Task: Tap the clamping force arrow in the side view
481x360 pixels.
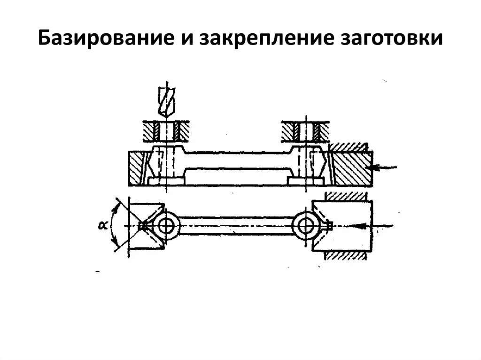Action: tap(384, 167)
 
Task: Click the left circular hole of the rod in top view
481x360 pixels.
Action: tap(166, 226)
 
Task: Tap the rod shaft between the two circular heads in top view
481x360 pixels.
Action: tap(235, 226)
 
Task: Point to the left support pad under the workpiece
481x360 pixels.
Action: tap(165, 180)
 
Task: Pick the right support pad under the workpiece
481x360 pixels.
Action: tap(305, 180)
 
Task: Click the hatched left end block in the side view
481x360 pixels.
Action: tap(136, 168)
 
